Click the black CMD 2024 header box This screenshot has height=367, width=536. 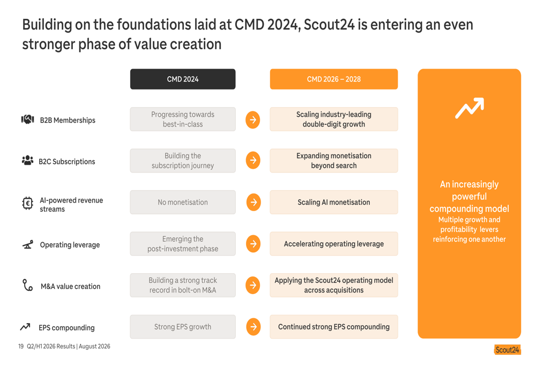pos(183,79)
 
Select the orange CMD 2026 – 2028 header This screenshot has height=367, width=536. pos(333,79)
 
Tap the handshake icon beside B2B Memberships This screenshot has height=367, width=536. pos(28,119)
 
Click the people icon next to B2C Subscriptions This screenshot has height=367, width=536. pos(27,160)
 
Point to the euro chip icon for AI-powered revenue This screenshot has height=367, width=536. pos(27,203)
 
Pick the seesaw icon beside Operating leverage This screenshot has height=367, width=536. pos(28,244)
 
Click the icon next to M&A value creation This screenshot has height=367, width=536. pos(27,285)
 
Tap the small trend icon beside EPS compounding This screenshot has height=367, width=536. pos(25,327)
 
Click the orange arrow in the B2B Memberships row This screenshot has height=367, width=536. pos(253,119)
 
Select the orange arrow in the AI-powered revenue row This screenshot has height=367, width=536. pos(254,203)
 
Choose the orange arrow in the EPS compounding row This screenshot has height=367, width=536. pos(254,327)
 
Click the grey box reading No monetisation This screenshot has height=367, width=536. pos(183,203)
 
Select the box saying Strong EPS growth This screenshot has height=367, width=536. pos(183,327)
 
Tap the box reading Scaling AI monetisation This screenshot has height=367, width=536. pos(333,203)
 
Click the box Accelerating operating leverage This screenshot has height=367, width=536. pos(333,244)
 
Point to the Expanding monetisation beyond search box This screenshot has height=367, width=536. pos(333,161)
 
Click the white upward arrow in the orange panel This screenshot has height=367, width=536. pos(470,108)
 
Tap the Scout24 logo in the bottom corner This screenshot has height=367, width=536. pos(507,349)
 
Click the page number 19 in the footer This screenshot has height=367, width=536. pos(21,346)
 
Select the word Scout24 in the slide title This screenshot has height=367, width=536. pos(329,25)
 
